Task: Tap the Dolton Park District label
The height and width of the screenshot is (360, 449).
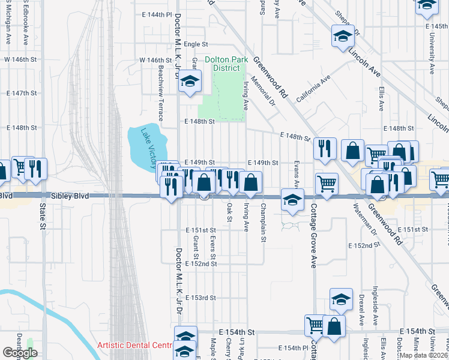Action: click(x=221, y=64)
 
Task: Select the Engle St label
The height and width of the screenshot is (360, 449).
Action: click(x=196, y=44)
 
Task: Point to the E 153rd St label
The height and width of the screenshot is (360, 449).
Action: click(x=200, y=298)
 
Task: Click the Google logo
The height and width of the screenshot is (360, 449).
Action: click(x=20, y=353)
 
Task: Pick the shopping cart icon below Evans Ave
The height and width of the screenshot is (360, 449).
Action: click(x=327, y=184)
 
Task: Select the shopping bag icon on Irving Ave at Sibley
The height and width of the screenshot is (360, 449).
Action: click(x=250, y=182)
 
